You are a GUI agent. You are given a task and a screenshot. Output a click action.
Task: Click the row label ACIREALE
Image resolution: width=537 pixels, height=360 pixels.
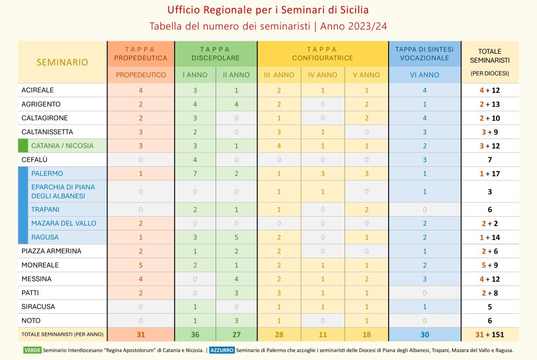(x=38, y=90)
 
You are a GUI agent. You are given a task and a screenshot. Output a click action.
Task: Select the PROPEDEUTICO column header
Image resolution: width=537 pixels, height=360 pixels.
(x=141, y=75)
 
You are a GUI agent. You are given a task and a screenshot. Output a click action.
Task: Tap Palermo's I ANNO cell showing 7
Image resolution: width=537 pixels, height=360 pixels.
(x=195, y=174)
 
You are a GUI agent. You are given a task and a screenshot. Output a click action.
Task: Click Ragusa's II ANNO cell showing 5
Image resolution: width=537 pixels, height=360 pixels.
(x=236, y=237)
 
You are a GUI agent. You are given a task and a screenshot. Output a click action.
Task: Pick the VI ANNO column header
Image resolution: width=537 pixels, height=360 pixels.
(x=424, y=75)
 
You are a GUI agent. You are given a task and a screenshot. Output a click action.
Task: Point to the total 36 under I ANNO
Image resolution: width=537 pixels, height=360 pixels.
(x=195, y=334)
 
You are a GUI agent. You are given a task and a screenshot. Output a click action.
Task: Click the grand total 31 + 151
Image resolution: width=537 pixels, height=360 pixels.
(x=489, y=334)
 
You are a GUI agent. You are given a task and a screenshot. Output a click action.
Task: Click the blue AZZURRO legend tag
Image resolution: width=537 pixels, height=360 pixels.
(x=221, y=350)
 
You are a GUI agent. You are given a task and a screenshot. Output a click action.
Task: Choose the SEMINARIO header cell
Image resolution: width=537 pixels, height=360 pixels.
(x=62, y=62)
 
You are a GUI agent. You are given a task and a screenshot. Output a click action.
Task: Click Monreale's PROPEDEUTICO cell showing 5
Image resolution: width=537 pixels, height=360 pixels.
(x=141, y=265)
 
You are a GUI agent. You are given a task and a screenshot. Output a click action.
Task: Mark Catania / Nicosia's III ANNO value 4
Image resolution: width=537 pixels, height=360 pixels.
(x=279, y=146)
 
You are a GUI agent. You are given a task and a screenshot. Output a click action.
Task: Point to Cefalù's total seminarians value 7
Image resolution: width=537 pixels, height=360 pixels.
(x=489, y=160)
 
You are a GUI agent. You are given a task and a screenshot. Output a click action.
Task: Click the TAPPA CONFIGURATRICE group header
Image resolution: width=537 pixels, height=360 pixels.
(x=323, y=54)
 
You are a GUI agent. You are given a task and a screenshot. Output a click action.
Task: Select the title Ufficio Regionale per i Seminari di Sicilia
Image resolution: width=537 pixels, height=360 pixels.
(x=268, y=10)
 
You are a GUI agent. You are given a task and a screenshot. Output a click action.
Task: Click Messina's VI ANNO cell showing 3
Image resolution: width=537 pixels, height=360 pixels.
(x=424, y=279)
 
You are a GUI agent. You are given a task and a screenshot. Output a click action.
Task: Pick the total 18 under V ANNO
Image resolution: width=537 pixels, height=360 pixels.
(x=366, y=334)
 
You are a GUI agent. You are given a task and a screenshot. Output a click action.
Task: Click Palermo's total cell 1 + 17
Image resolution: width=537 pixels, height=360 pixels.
(x=489, y=174)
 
